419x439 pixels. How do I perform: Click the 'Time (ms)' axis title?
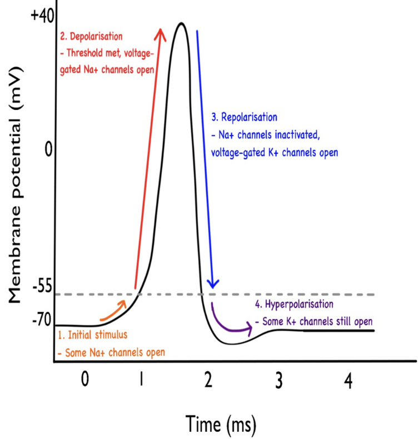[x=221, y=424]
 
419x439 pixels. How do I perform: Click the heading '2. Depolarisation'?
[x=92, y=37]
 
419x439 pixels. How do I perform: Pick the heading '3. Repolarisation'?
[x=244, y=118]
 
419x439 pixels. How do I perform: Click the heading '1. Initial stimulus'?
[x=93, y=335]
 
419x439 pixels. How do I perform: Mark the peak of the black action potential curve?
[x=179, y=23]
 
